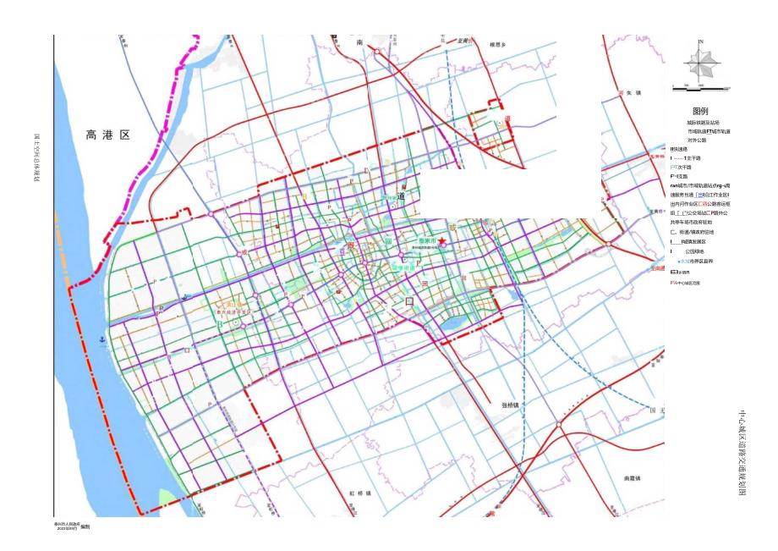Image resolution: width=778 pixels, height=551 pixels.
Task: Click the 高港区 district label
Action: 107,135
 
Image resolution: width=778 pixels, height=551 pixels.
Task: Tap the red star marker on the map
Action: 441,241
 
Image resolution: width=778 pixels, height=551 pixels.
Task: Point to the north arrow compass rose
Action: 700,63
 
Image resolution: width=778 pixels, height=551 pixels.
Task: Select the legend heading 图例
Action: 700,111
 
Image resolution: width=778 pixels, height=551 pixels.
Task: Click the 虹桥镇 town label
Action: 360,492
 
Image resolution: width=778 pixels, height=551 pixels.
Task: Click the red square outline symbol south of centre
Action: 409,300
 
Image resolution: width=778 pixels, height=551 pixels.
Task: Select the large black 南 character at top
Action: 359,41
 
